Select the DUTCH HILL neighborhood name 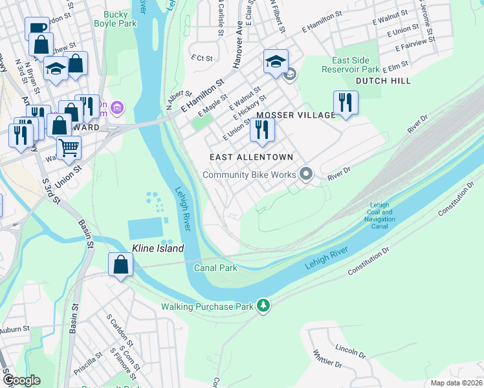[382, 81]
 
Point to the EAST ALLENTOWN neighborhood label [251, 157]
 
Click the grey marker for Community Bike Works [307, 174]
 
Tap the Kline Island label [158, 248]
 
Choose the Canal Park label [216, 268]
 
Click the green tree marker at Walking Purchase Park [263, 305]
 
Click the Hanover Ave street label [238, 49]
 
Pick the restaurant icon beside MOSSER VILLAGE [346, 102]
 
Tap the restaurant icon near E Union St [262, 129]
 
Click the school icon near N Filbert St [276, 61]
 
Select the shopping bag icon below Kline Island [120, 264]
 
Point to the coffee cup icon [36, 28]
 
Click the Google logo [22, 380]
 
